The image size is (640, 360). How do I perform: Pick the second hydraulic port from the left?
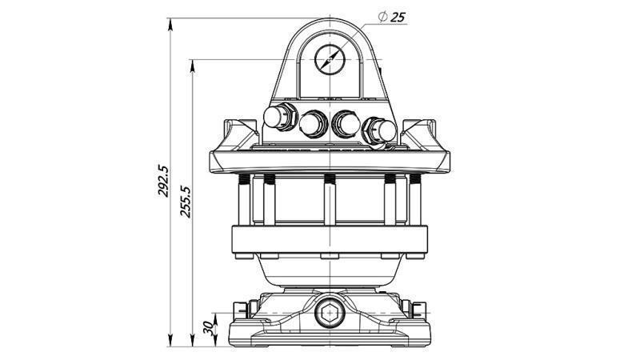(x=312, y=123)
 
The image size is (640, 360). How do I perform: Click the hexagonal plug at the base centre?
(x=328, y=314)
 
